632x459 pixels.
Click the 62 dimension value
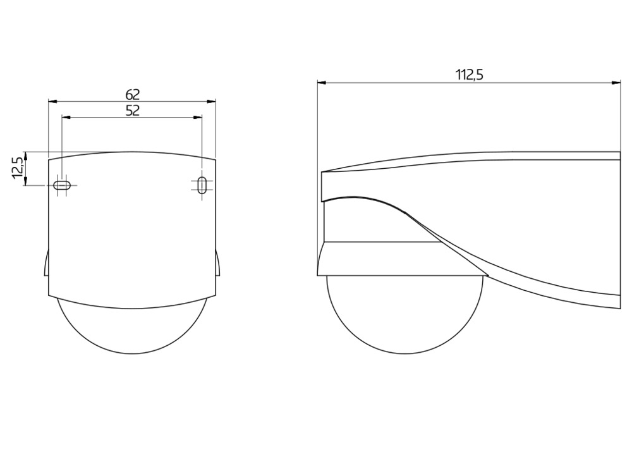coord(132,95)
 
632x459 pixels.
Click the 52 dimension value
coord(132,111)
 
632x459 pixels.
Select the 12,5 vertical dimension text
coord(17,168)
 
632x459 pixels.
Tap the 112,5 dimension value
coord(469,75)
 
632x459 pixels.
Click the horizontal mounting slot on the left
coord(62,185)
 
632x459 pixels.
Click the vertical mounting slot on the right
coord(202,185)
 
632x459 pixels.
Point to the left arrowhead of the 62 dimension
coord(53,102)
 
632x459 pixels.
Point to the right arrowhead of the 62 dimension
coord(211,102)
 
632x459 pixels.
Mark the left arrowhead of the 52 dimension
coord(66,118)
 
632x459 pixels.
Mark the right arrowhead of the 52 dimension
coord(197,118)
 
